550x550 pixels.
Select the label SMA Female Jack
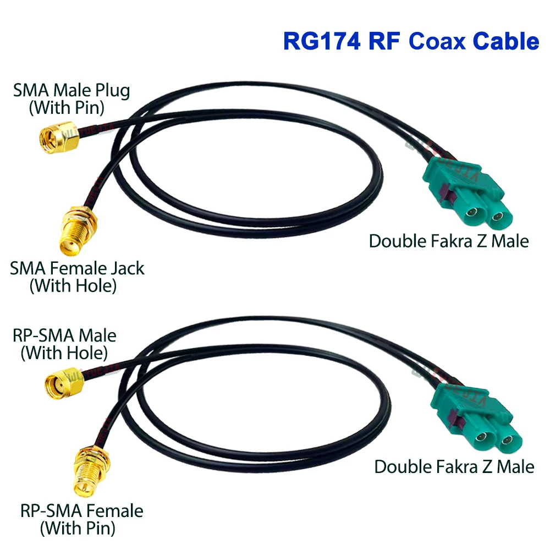(x=77, y=269)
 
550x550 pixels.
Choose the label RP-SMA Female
(x=81, y=511)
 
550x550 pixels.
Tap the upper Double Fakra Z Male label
(x=449, y=241)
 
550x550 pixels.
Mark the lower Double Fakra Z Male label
(x=454, y=467)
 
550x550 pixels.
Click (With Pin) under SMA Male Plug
(x=66, y=107)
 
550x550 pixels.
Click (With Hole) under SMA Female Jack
(x=73, y=286)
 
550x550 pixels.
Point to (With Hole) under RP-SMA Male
(x=64, y=352)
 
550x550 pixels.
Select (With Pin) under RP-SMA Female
(x=78, y=529)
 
